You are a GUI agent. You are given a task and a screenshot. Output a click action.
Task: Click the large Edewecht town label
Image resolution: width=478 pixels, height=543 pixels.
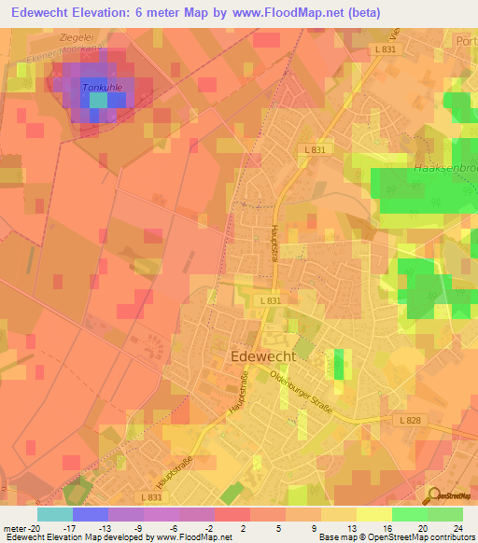point(262,355)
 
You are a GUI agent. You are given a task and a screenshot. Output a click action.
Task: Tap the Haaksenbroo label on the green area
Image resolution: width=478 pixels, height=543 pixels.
point(443,169)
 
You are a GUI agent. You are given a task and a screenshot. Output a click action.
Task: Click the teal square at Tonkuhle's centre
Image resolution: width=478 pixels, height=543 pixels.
point(98,101)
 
